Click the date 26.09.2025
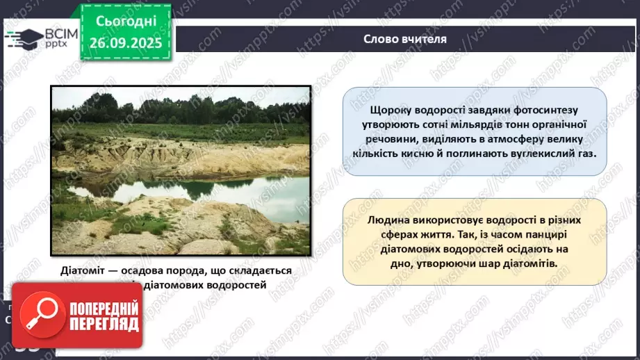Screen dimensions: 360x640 coord(125,42)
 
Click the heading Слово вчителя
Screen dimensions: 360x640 coord(405,39)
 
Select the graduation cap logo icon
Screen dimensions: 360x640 coord(22,38)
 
